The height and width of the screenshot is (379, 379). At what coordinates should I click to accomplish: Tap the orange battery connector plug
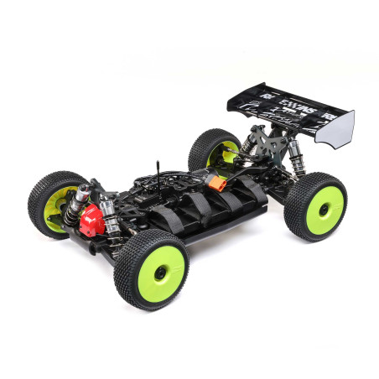(218, 182)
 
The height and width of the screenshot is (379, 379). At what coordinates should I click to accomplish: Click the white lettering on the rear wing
(285, 103)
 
